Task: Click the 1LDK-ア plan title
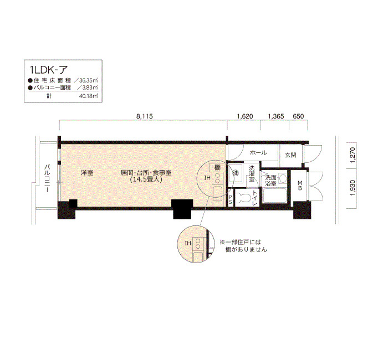click(49, 70)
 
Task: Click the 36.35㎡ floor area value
click(88, 80)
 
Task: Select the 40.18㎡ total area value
click(88, 96)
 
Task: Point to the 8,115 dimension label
click(145, 116)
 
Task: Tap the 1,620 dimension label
click(245, 116)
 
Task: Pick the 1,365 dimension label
click(276, 116)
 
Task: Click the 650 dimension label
click(298, 116)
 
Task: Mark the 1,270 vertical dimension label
click(353, 155)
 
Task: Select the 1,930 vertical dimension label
click(353, 188)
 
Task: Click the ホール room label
click(258, 152)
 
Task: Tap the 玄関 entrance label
click(290, 155)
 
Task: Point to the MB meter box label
click(300, 186)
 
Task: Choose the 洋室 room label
click(87, 173)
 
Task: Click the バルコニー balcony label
click(47, 178)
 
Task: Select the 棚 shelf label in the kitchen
click(217, 167)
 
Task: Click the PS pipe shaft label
click(230, 199)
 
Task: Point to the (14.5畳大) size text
click(146, 179)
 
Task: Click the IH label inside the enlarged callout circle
click(188, 243)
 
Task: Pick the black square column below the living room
click(183, 209)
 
